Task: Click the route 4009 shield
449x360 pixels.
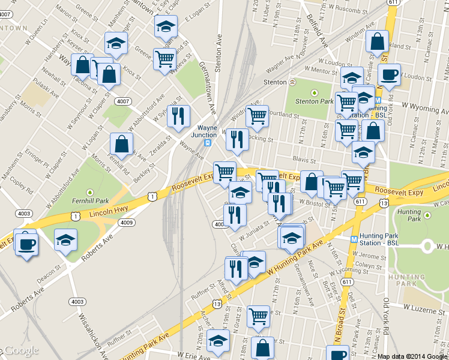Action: coord(127,223)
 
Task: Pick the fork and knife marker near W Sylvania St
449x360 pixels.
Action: coord(178,116)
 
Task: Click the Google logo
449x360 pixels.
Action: coord(22,350)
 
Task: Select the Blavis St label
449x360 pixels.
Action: coord(305,160)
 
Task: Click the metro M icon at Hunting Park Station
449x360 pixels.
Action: coord(354,238)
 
